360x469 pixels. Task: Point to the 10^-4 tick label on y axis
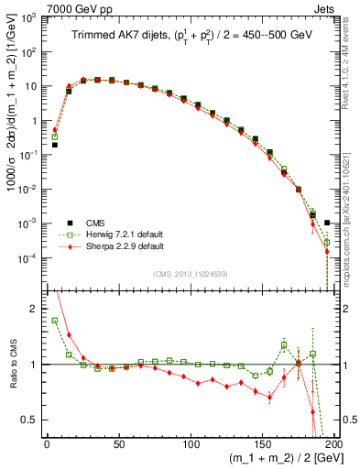coord(27,258)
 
